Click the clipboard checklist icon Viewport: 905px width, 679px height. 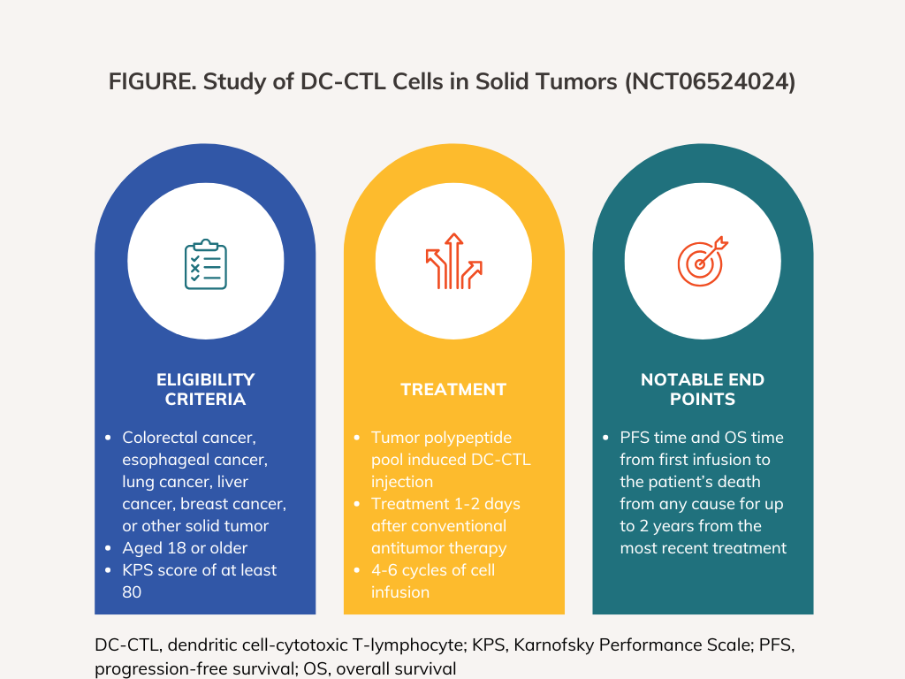pos(205,263)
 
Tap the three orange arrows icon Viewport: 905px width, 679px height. pos(453,261)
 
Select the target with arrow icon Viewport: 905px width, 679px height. pos(703,261)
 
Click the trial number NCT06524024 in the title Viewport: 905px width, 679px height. pos(710,81)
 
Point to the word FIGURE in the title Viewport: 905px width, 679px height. pos(152,81)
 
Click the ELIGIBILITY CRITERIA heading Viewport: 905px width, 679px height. pos(205,389)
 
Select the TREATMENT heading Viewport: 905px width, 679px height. pos(453,389)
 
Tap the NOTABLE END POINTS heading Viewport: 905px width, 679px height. pos(703,389)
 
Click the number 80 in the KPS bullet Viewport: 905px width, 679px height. pos(132,591)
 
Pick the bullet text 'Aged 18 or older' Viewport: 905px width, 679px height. pos(185,548)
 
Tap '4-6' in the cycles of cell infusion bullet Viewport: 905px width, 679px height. pos(384,570)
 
